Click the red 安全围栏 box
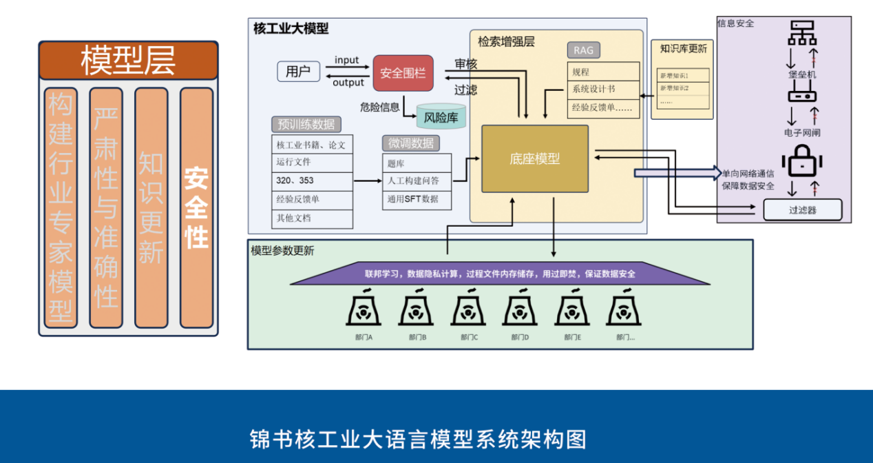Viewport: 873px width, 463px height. point(403,73)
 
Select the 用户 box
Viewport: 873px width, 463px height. point(298,72)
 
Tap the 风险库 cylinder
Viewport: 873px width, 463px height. point(441,117)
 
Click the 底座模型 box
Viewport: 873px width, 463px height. point(535,158)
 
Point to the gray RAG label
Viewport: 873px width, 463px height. point(583,50)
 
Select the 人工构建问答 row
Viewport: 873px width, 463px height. point(417,181)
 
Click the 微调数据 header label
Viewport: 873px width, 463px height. point(411,143)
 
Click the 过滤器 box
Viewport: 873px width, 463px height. point(802,209)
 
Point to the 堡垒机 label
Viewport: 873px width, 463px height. point(802,74)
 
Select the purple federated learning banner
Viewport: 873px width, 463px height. point(500,274)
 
